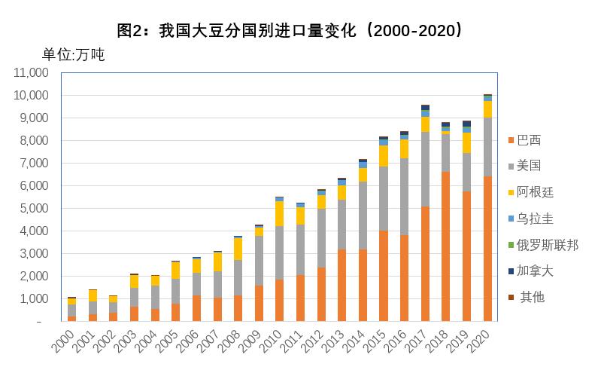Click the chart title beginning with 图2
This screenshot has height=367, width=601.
click(x=290, y=31)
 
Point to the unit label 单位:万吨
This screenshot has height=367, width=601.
click(x=73, y=55)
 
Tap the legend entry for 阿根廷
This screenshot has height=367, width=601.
click(x=535, y=192)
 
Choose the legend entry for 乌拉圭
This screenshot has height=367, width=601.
click(x=535, y=219)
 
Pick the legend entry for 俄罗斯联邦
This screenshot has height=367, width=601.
click(x=547, y=245)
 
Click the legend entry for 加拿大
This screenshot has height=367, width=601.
click(x=535, y=271)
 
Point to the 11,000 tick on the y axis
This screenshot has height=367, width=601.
click(x=31, y=73)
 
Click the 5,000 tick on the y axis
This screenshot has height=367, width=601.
click(x=33, y=208)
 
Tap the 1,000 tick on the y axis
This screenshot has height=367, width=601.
click(x=33, y=298)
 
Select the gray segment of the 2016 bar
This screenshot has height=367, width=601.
click(x=404, y=197)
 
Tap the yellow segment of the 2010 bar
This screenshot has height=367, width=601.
click(x=279, y=213)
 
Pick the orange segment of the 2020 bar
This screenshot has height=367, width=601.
click(x=487, y=249)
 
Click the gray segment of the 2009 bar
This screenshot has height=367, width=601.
click(x=259, y=261)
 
